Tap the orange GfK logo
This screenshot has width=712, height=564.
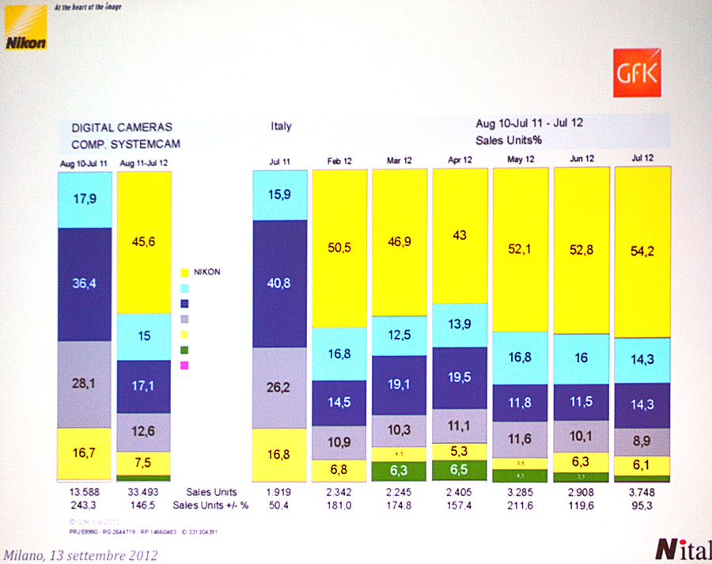636,74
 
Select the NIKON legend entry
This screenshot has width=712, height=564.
204,271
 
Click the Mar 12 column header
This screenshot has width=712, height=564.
400,160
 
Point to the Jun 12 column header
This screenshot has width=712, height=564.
581,160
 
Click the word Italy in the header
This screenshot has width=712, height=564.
281,127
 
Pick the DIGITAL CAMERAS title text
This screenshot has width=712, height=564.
122,127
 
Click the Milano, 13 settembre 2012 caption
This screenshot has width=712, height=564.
79,555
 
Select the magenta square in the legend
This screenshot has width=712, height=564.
185,365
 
